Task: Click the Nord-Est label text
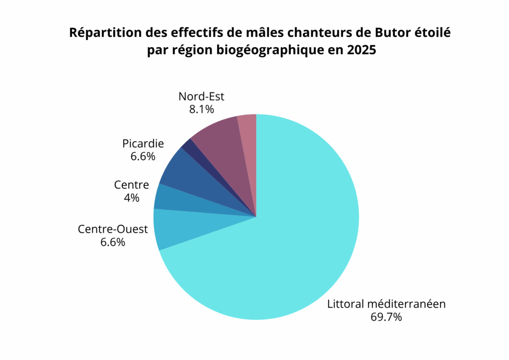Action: coord(201,96)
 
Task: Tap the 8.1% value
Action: coord(201,109)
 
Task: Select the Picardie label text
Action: coord(143,144)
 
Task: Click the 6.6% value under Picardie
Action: coord(143,156)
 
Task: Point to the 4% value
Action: coord(132,197)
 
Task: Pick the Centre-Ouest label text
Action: coord(113,230)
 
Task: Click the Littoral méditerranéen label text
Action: coord(386,304)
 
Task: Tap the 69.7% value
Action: coord(386,317)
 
